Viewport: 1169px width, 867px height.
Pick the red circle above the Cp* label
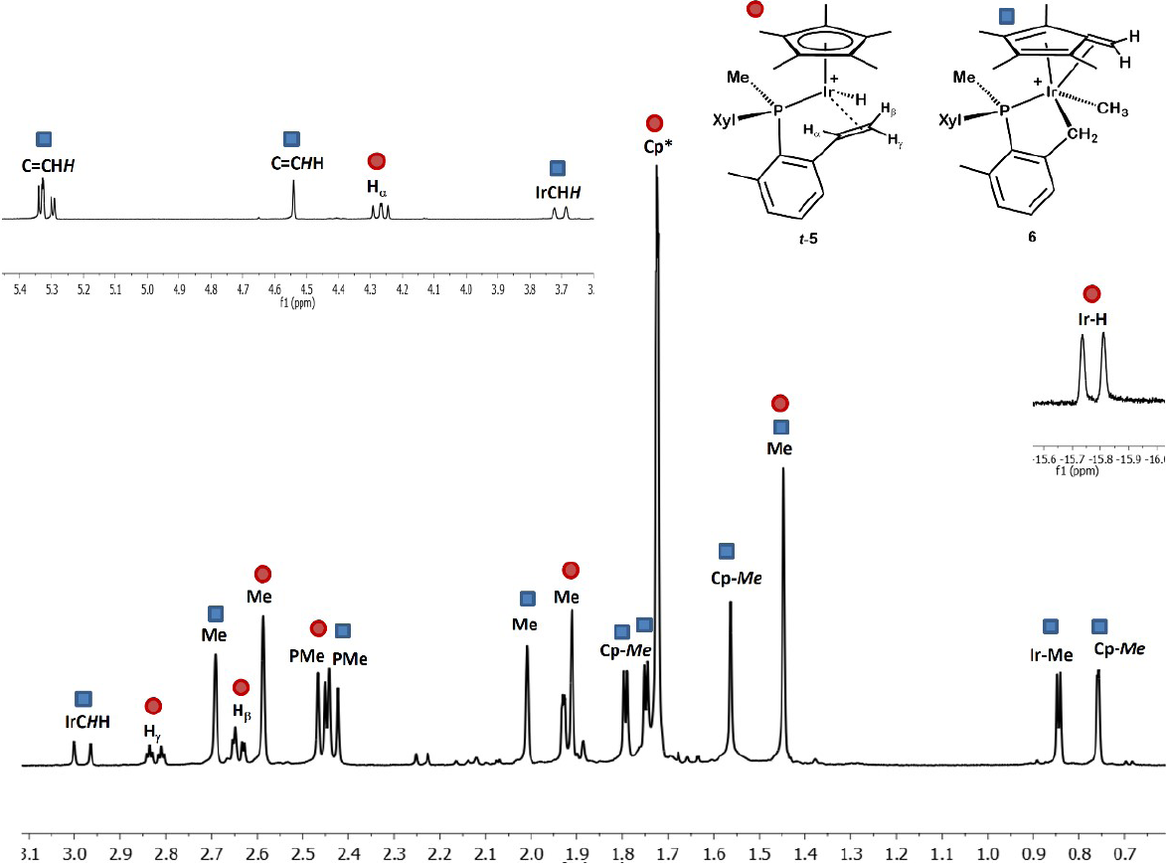click(654, 123)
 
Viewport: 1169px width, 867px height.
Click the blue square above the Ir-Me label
click(1051, 626)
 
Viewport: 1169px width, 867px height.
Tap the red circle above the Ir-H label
click(1091, 294)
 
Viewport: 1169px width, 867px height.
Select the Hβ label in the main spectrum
click(241, 710)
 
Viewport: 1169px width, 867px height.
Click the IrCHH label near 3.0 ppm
click(84, 722)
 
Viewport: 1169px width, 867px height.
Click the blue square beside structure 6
click(1007, 17)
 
